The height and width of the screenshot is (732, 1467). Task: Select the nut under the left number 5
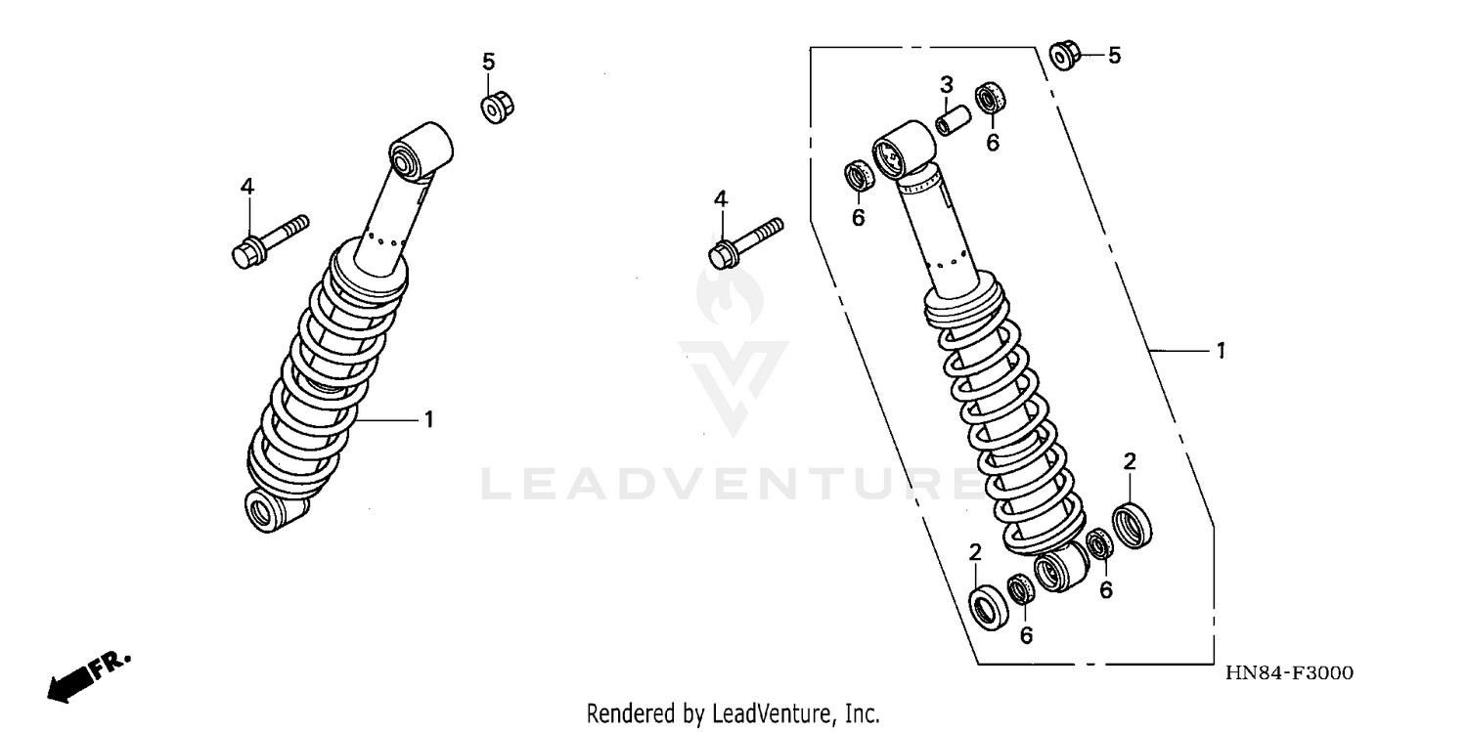pos(498,104)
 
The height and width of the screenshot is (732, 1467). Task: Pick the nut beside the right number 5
pos(1063,56)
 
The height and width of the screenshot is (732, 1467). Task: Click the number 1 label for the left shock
pos(427,419)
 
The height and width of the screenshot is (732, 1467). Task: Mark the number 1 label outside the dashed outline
pos(1220,350)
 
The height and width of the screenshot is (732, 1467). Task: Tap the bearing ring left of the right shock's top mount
pos(859,178)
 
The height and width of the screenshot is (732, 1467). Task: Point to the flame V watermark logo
pos(733,352)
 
